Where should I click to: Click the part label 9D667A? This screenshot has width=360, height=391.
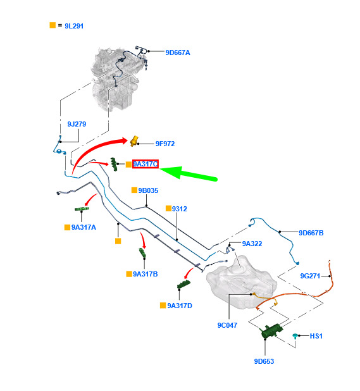click(178, 53)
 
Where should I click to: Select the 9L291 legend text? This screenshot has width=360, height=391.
click(74, 26)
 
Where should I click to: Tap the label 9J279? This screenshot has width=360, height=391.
click(77, 124)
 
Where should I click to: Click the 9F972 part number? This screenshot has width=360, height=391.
click(165, 144)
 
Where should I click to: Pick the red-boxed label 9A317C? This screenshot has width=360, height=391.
click(146, 164)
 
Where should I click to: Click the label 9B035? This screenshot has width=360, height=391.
click(148, 190)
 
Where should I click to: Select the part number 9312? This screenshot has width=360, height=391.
click(180, 209)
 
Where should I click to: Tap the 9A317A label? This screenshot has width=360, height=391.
click(84, 227)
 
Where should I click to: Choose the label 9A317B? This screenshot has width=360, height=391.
click(146, 274)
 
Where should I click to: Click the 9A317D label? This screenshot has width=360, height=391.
click(180, 306)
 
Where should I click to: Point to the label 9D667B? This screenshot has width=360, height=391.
click(311, 233)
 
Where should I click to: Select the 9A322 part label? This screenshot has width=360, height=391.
click(252, 244)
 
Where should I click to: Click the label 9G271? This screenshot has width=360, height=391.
click(310, 276)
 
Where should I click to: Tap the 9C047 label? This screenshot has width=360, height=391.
click(227, 325)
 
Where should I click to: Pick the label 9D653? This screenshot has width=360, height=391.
click(264, 361)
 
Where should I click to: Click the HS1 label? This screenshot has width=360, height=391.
click(316, 336)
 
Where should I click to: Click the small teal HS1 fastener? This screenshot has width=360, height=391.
click(295, 336)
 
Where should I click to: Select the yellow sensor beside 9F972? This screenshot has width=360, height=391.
click(134, 141)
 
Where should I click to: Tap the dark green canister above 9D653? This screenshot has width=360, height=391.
click(271, 330)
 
